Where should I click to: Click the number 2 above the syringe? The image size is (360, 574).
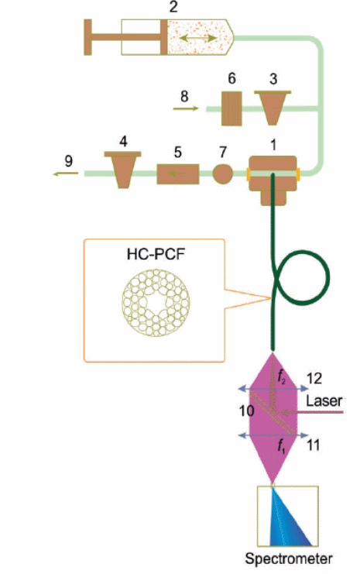[173, 7]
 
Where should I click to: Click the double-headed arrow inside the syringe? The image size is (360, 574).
[198, 38]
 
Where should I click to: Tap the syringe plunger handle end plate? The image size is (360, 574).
[87, 37]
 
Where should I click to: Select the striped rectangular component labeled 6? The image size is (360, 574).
[231, 108]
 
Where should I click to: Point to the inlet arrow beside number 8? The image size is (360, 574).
[186, 108]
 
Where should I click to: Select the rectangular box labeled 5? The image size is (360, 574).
[178, 174]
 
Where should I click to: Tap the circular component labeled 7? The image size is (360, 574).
[222, 174]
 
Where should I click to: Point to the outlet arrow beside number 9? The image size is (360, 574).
[66, 174]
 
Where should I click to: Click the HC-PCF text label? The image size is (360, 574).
[156, 254]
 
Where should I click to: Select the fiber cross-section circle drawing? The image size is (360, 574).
[156, 302]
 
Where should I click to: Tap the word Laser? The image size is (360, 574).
[324, 400]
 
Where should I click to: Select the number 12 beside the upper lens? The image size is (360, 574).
[314, 379]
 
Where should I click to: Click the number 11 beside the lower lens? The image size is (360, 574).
[314, 445]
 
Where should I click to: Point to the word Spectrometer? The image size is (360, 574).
[289, 559]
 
